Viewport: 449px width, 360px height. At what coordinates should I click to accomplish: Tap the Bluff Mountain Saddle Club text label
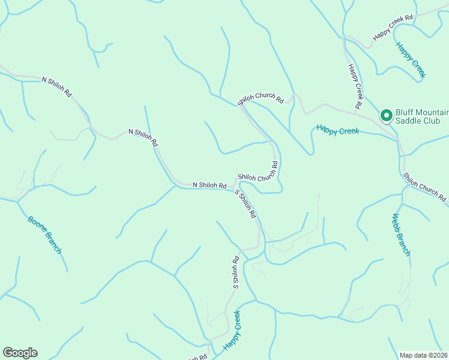pos(418,116)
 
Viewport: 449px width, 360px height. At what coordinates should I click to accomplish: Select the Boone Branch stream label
pos(44,234)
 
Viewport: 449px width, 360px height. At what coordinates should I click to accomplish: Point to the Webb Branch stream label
pos(401,234)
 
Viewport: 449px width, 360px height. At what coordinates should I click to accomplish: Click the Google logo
pos(20,352)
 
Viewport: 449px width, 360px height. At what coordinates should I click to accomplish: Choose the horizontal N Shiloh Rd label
pos(209,185)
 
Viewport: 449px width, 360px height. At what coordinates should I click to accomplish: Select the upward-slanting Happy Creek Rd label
pos(393,28)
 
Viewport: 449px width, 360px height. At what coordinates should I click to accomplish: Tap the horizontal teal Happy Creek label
pos(337,129)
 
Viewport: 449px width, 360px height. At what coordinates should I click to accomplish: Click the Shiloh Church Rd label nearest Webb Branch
pos(425,187)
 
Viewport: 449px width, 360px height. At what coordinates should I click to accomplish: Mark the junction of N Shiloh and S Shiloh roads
pos(234,188)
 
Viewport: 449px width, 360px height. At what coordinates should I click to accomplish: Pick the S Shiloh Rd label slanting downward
pos(246,205)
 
